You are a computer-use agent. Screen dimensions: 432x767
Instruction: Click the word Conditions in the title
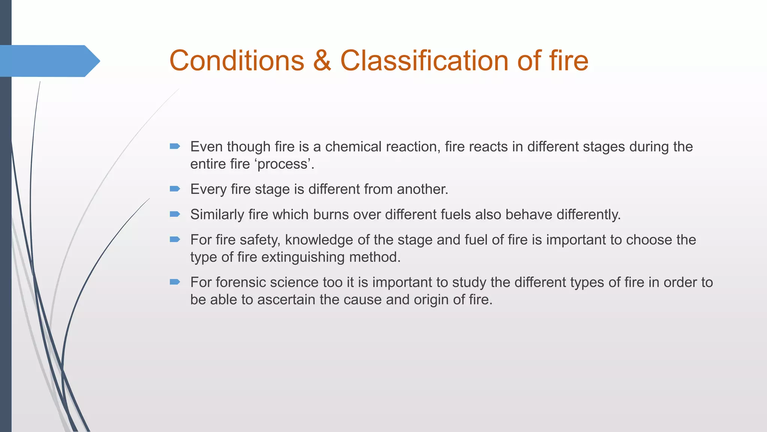237,61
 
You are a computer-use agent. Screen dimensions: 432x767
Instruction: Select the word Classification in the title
424,61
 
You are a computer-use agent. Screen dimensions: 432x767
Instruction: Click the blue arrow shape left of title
49,61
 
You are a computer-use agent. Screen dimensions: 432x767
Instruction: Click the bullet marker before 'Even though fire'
175,146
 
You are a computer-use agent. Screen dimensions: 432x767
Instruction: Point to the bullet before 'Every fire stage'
175,189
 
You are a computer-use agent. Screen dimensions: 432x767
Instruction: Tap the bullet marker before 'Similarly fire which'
175,214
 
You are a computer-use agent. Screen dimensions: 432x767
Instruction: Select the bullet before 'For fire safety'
175,239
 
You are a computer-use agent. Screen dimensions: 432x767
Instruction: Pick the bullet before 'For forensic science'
175,282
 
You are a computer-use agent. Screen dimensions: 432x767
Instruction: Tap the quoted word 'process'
284,164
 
